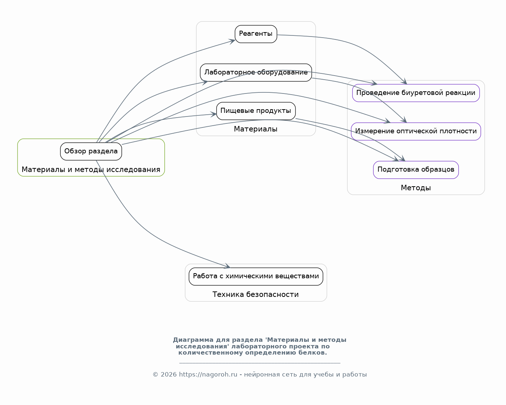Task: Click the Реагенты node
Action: click(x=256, y=34)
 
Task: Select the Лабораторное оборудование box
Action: click(x=256, y=73)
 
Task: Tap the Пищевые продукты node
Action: click(x=256, y=111)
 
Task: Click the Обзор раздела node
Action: click(x=91, y=152)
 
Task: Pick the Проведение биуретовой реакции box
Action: click(x=416, y=93)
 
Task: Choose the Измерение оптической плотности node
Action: click(x=416, y=131)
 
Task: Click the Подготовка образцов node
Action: click(x=416, y=170)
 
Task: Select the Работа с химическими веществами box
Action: click(x=256, y=277)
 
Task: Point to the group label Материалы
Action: click(x=256, y=129)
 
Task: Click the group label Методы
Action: click(x=416, y=188)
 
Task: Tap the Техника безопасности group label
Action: click(x=256, y=294)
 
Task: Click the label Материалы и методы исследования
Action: click(x=91, y=170)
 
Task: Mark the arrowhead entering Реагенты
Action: click(x=232, y=41)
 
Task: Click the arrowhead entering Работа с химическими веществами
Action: click(x=227, y=266)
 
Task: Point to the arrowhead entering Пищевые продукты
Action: click(x=213, y=114)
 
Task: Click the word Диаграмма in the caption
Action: click(x=193, y=340)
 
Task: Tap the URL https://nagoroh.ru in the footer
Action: click(x=208, y=374)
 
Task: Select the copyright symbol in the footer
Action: click(x=155, y=374)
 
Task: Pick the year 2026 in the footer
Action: click(x=168, y=374)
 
